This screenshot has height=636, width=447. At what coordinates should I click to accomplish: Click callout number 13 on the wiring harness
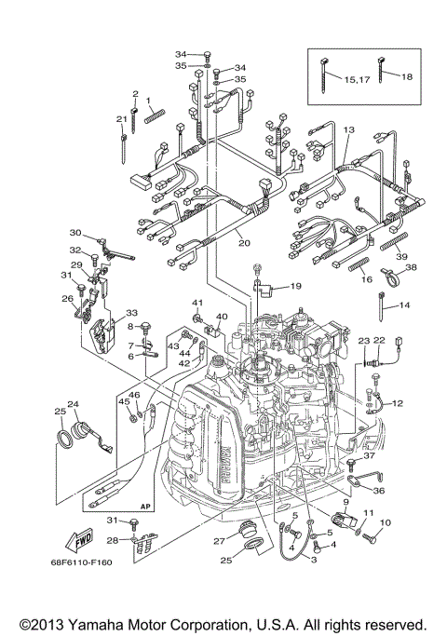(348, 130)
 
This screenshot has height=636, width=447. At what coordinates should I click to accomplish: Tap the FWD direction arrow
(82, 537)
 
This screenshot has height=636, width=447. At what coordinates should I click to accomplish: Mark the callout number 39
(400, 256)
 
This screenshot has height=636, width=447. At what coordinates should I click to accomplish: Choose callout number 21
(121, 118)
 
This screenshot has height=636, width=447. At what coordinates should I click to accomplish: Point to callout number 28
(113, 540)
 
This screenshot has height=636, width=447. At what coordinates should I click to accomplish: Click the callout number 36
(378, 490)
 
